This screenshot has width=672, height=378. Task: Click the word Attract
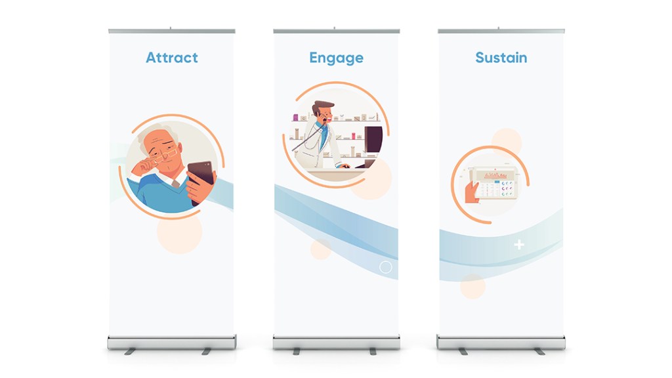(172, 58)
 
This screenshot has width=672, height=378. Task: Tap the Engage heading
(337, 58)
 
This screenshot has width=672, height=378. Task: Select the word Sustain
(501, 58)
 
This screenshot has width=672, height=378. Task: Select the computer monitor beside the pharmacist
(373, 140)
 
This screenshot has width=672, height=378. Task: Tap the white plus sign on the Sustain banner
(519, 244)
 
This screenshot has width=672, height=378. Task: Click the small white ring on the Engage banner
(386, 267)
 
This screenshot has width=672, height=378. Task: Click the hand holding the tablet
(471, 192)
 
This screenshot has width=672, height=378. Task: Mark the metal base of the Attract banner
(171, 342)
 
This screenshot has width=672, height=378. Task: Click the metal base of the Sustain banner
(501, 342)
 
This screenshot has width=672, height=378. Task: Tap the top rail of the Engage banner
(337, 31)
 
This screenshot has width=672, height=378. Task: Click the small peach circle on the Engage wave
(321, 249)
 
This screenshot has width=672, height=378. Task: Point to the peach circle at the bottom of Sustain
(472, 286)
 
